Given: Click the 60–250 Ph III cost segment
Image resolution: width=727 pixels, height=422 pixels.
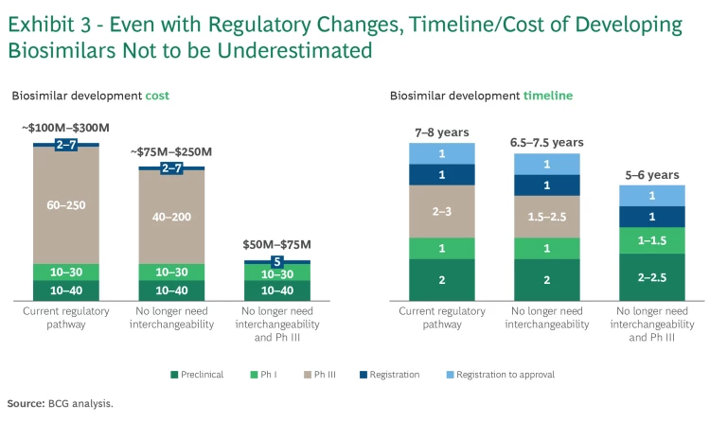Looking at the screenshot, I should pos(65,203).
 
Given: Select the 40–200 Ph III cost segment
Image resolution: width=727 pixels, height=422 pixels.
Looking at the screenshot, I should pos(171,216).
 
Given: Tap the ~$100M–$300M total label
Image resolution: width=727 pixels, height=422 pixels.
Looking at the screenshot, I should pos(65,128).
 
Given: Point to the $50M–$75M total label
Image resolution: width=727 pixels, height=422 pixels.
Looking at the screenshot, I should pos(277,244).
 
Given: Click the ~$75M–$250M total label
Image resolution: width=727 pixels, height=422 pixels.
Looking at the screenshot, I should pos(171,151).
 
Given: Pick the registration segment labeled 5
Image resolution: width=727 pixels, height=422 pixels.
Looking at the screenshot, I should pos(277,262).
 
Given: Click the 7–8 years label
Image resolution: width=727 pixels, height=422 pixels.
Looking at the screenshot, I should pos(441,132).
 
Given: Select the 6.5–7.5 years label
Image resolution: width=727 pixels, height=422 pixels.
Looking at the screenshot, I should pos(546,142).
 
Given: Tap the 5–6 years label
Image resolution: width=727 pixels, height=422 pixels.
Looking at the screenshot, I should pos(651,174).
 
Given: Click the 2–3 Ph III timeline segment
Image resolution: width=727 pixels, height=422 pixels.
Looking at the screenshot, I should pos(441,211).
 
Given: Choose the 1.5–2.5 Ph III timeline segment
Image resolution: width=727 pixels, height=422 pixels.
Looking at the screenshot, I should pos(546,217).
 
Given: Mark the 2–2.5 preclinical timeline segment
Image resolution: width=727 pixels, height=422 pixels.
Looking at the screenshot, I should pos(651,276).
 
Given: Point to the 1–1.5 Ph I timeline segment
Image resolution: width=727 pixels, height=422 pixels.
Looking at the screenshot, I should pos(651,240).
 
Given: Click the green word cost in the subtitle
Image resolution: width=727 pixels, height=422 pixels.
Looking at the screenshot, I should pos(157,96).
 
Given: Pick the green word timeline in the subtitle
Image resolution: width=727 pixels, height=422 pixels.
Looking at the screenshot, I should pos(548,96).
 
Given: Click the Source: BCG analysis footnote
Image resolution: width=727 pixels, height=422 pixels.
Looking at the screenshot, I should pos(60,403).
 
